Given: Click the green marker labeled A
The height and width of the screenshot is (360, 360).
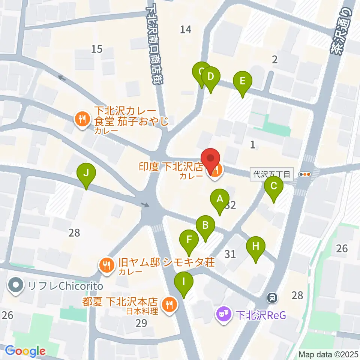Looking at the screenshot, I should pos(220,199).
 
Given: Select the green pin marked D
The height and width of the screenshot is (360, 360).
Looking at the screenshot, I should pos(210,77).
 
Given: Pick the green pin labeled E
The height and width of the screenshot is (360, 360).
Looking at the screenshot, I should pos(242,81).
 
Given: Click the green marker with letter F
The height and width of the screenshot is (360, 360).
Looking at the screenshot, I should pos(189,240).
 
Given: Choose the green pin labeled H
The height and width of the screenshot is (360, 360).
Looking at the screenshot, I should pos(256,247).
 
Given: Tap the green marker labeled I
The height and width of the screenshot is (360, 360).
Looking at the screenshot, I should pos(184,281).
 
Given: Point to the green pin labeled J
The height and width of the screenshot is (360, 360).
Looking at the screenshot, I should pos(86,174).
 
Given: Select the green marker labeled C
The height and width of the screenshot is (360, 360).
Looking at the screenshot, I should pos(274,186).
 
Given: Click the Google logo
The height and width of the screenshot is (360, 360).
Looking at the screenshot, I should pos(25,351).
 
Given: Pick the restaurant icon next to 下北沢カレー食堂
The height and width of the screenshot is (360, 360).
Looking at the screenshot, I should pos(81,119).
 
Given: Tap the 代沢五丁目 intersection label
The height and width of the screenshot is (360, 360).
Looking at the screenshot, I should pos(271,174).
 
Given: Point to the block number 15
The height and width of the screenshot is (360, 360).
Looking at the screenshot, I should pos(97,49).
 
